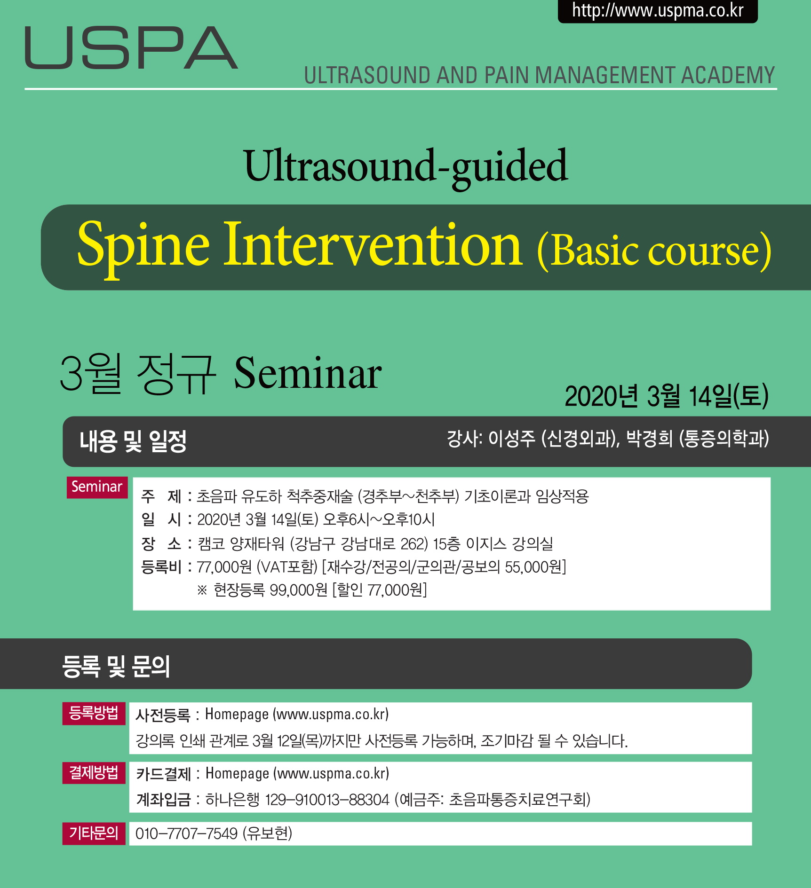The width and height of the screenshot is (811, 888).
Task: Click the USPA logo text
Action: [131, 47]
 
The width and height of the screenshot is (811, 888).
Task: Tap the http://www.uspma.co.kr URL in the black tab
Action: [658, 10]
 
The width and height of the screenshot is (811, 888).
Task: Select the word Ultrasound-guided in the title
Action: [406, 167]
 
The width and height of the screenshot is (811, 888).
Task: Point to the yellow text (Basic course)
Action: [654, 251]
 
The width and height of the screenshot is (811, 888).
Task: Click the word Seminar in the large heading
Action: [308, 373]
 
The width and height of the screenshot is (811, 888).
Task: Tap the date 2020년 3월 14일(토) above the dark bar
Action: [667, 396]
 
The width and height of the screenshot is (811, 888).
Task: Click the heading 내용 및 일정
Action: [133, 441]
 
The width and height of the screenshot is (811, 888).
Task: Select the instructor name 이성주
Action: [512, 439]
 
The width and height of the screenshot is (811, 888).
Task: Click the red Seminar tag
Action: [97, 487]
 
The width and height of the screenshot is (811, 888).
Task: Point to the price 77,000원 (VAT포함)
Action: [257, 567]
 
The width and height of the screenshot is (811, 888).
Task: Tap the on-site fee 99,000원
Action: [298, 589]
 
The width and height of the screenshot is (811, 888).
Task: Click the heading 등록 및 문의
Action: [116, 666]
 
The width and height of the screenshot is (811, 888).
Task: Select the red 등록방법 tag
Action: [94, 713]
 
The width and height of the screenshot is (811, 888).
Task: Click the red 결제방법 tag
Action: [94, 772]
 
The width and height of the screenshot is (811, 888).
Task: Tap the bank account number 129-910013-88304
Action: [327, 800]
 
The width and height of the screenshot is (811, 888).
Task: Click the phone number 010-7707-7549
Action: [187, 833]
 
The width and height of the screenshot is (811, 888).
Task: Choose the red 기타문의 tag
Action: [94, 833]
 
